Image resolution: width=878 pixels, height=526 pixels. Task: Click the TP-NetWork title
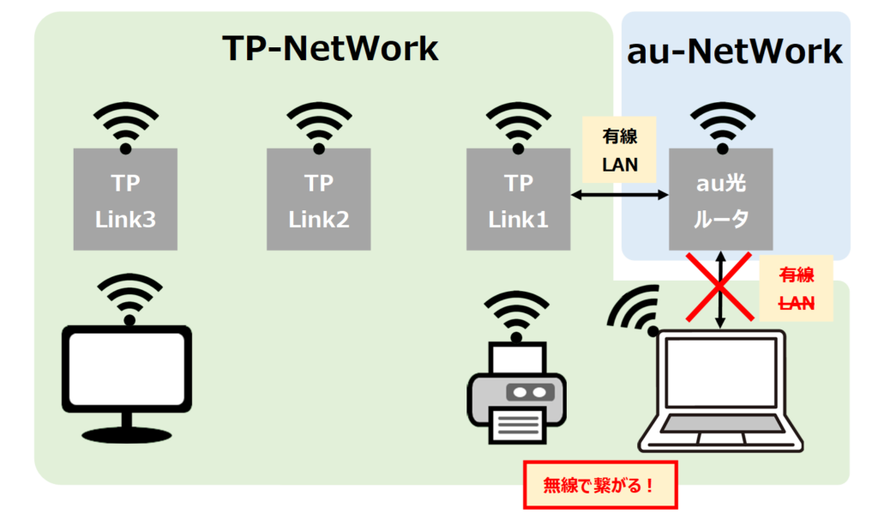tap(330, 49)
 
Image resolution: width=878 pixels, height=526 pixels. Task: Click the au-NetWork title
tap(735, 51)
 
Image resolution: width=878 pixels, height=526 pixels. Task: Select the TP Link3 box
tap(125, 199)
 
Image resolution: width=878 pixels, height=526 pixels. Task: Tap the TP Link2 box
tap(319, 199)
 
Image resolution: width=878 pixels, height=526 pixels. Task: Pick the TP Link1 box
tap(518, 199)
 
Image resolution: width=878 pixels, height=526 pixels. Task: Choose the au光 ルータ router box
tap(721, 199)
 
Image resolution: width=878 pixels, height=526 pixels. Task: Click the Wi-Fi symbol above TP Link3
tap(126, 127)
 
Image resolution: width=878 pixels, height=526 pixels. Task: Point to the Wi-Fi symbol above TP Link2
tap(319, 127)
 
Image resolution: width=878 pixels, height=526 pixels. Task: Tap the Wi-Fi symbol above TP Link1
tap(518, 127)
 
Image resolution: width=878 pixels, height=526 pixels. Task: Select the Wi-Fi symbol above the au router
tap(721, 127)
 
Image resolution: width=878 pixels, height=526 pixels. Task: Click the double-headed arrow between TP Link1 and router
tap(619, 196)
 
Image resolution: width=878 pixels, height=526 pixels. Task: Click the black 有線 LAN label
tap(619, 149)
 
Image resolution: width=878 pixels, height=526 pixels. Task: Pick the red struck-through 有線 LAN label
tap(796, 289)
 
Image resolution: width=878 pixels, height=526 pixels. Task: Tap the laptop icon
tap(724, 390)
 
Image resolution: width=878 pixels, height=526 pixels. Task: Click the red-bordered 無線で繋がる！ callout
tap(600, 486)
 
